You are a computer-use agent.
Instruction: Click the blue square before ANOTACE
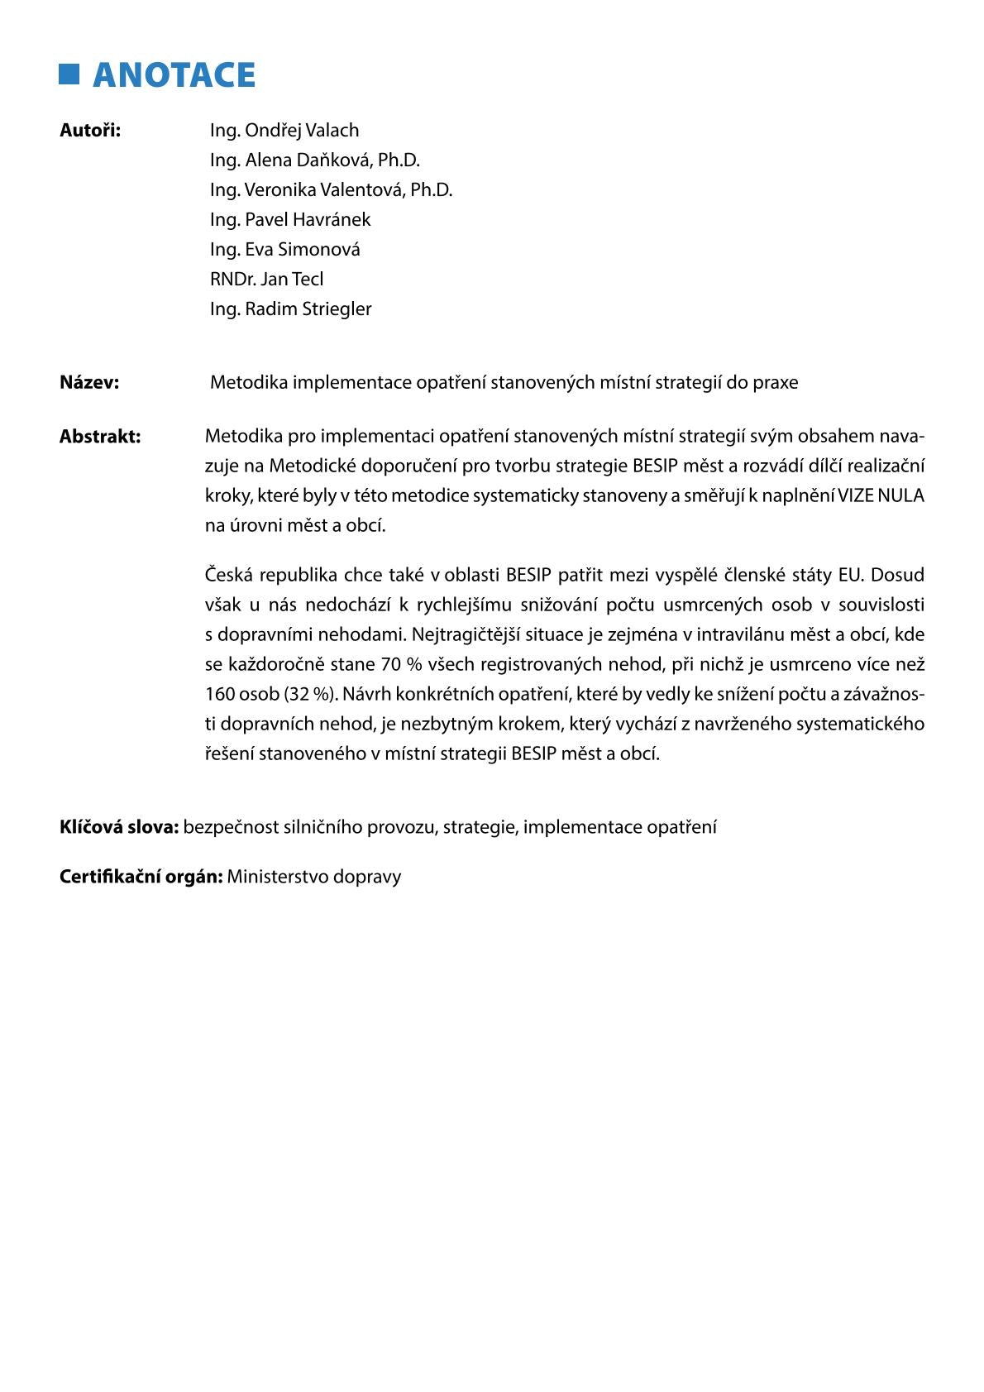69,74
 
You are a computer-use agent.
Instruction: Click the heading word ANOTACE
174,75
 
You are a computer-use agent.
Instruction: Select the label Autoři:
90,131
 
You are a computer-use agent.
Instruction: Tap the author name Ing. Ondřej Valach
284,131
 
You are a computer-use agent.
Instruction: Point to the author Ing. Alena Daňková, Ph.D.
315,160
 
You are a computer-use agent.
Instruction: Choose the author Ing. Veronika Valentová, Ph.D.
331,190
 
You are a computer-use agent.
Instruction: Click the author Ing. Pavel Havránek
290,220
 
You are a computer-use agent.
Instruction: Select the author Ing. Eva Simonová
285,250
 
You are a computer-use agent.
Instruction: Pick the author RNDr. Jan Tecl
266,280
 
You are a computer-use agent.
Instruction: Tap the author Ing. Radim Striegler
291,309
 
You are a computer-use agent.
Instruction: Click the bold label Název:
89,383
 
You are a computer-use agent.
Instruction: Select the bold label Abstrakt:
100,437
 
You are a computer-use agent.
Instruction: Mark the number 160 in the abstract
219,695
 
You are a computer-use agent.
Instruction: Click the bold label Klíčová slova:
119,828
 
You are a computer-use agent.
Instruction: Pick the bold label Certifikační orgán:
141,877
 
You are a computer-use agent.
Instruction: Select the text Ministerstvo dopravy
314,877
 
